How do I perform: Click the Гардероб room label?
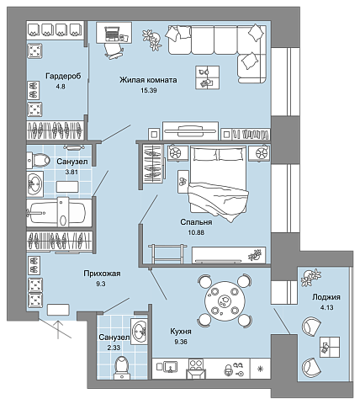tap(63, 77)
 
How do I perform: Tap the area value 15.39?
tap(149, 90)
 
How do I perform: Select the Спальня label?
tap(196, 222)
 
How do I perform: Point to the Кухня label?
tap(181, 332)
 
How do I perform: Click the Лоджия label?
tap(326, 297)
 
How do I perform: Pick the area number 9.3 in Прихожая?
tap(101, 284)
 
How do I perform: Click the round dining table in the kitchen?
tap(225, 301)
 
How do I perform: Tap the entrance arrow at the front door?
tap(58, 329)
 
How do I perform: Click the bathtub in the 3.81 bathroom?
tap(56, 213)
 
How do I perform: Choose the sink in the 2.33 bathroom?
tap(139, 331)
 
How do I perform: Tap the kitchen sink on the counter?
tap(170, 366)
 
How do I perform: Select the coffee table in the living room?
tap(208, 77)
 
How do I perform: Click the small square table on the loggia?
tap(330, 347)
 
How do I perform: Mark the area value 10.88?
tap(196, 232)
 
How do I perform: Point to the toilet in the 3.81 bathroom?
tap(38, 161)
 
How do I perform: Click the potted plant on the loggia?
tap(310, 278)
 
